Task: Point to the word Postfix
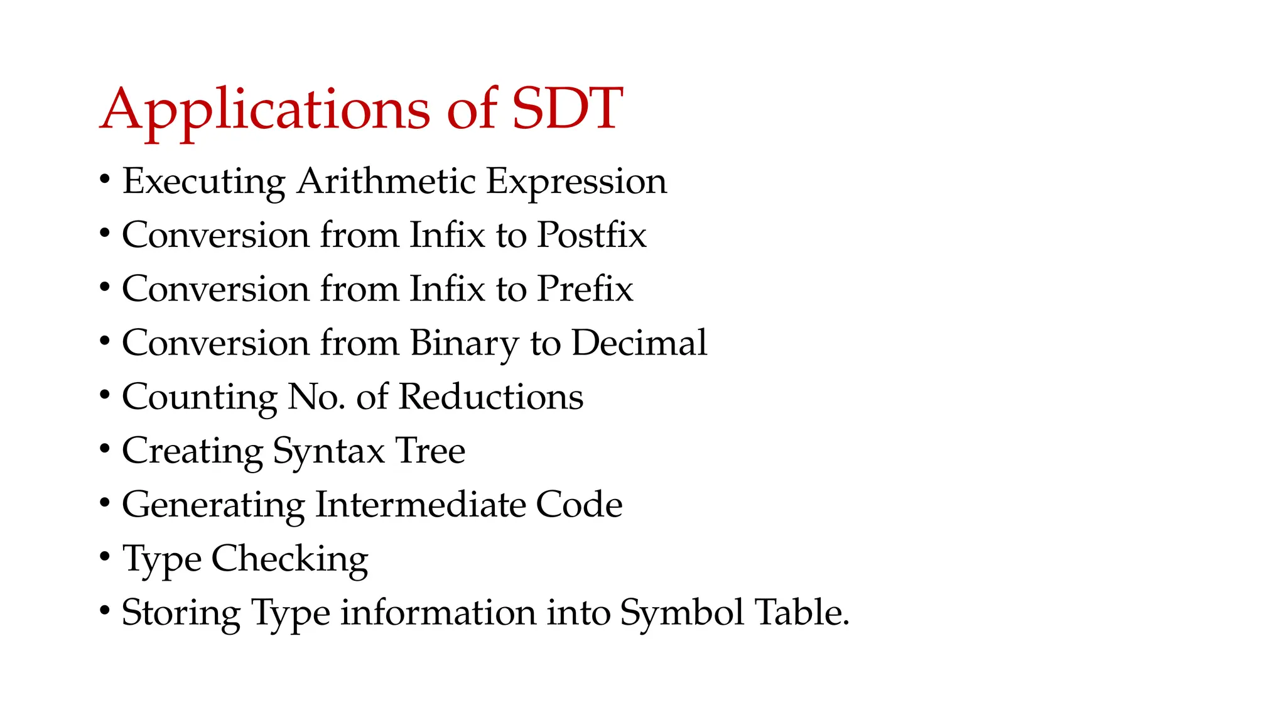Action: [592, 235]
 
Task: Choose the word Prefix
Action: [585, 289]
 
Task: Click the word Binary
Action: [465, 344]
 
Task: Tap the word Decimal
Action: [639, 343]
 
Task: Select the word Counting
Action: [199, 398]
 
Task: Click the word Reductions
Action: [491, 397]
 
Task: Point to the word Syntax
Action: [328, 452]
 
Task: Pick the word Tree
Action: [430, 451]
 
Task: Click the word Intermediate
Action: [420, 505]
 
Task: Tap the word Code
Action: [579, 505]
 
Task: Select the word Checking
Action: [289, 559]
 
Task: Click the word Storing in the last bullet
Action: [181, 613]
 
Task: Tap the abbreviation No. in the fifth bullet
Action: [316, 397]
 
